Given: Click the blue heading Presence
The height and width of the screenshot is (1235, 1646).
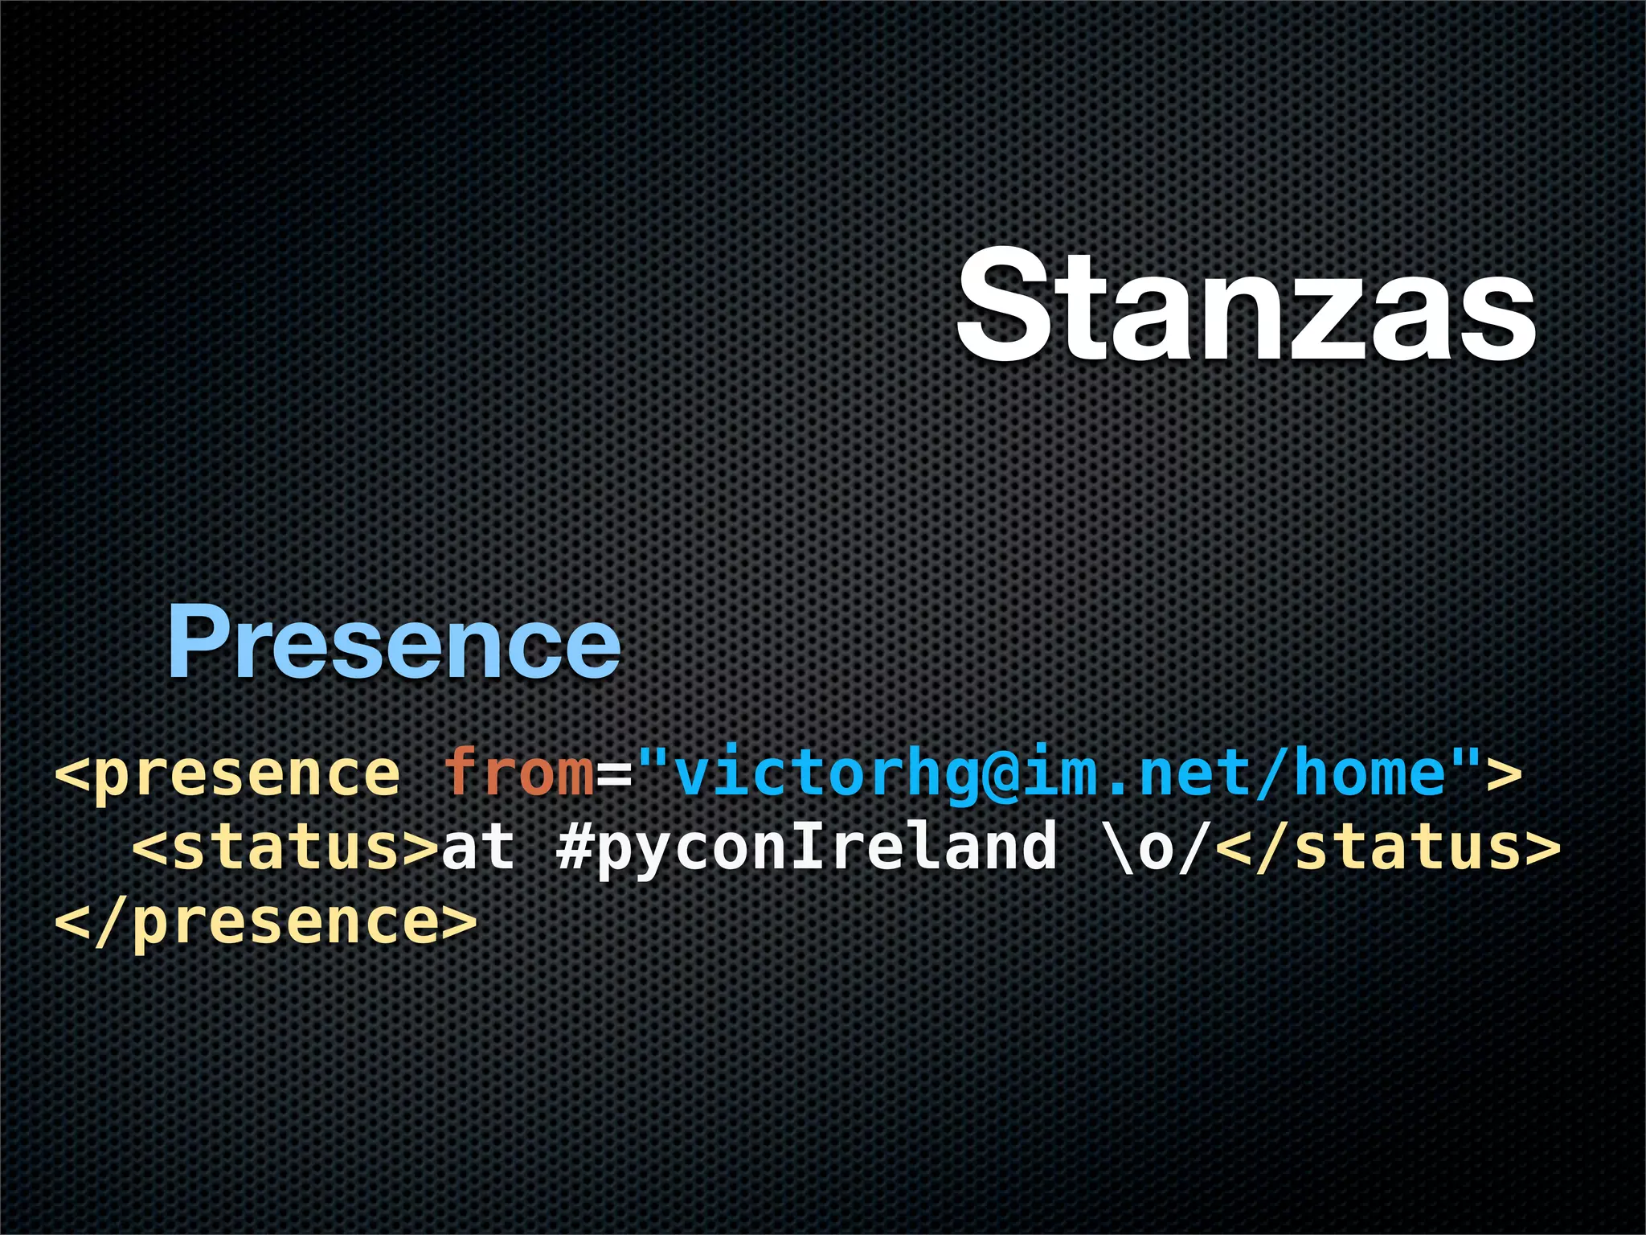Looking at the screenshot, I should [x=394, y=644].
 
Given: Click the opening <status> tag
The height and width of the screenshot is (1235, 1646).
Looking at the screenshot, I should [x=285, y=847].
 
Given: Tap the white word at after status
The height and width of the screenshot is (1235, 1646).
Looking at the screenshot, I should [x=479, y=847].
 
